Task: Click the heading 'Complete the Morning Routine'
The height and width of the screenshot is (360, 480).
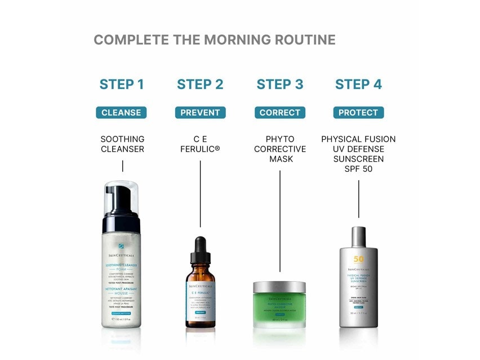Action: pos(214,40)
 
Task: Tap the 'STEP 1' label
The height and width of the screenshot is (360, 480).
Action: pos(122,85)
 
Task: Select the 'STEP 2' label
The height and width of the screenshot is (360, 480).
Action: pos(200,85)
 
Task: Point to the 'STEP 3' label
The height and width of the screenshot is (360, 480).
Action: pos(280,85)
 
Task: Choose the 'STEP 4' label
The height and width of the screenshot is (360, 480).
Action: pos(358,85)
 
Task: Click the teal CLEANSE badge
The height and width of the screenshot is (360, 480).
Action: pos(121,113)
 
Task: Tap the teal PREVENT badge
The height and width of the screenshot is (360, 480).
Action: pos(200,113)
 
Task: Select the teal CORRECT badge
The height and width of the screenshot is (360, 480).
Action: pos(280,113)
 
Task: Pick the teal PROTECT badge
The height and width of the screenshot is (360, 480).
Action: pos(358,113)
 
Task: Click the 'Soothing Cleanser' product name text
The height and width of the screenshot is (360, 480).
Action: pos(122,144)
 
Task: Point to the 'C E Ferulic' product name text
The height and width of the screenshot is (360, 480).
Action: pos(200,144)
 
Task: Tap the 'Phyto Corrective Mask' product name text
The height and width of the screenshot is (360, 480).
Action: pos(280,149)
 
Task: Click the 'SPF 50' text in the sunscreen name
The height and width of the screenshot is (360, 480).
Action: pos(358,170)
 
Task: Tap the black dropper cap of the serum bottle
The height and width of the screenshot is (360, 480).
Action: pos(201,251)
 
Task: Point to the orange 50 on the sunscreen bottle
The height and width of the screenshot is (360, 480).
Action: pos(359,259)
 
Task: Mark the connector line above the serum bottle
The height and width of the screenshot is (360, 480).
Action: pos(200,197)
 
